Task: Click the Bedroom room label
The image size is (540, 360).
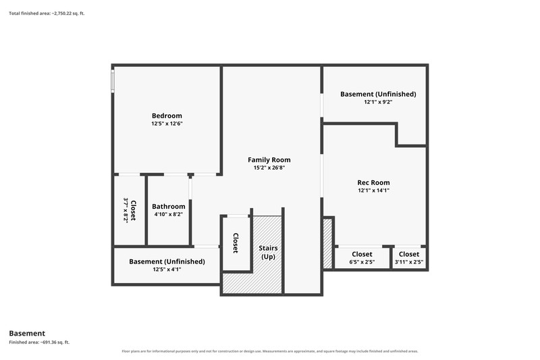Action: coord(167,115)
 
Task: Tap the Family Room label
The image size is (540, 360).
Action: coord(269,160)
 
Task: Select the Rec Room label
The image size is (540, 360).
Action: coord(374,182)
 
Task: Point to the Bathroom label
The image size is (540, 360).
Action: coord(169,207)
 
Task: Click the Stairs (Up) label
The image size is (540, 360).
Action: coord(268,253)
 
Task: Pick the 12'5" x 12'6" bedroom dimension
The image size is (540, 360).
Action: coord(167,124)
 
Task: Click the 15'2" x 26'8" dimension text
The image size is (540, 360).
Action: coord(269,168)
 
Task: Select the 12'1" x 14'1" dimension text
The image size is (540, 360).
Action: coord(374,190)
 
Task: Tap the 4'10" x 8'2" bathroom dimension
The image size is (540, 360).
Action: coord(169,214)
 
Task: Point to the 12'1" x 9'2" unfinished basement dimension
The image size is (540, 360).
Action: coord(379,102)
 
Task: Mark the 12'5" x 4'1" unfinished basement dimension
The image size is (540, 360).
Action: coord(167,269)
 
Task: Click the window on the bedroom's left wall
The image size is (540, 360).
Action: coord(113,81)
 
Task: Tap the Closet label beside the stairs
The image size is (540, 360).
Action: coord(236,243)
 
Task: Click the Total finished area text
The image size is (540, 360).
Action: coord(47,14)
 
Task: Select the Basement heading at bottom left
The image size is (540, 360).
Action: coord(27,334)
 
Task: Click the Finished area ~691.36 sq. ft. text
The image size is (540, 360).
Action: coord(39,342)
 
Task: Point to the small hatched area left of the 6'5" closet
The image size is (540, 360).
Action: coord(327,243)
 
